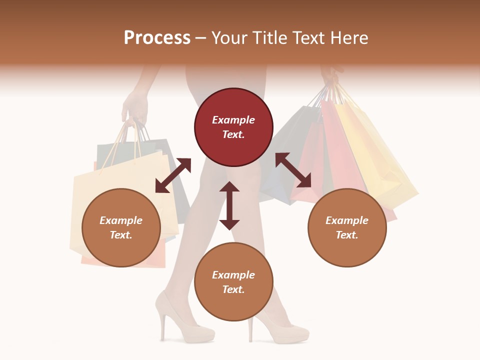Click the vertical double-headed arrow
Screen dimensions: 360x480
229,205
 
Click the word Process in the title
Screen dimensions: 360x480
157,38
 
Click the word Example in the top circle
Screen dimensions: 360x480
233,120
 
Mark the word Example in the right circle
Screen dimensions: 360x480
347,220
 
